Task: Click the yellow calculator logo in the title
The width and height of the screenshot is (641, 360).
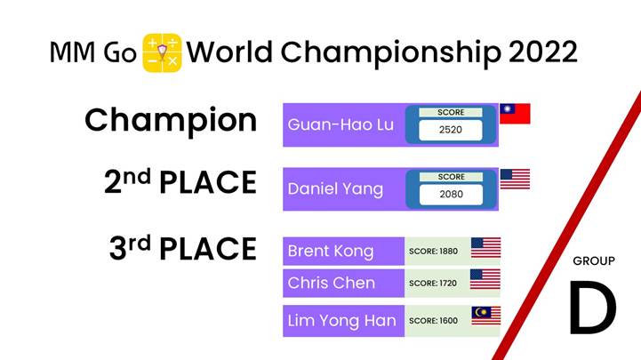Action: tap(163, 52)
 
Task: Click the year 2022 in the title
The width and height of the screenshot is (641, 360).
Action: tap(543, 52)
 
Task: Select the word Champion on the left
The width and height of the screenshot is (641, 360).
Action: tap(171, 121)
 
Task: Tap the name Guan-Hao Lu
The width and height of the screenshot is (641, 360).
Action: tap(341, 124)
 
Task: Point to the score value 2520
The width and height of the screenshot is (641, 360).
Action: tap(451, 130)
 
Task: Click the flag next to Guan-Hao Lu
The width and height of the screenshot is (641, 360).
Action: tap(515, 114)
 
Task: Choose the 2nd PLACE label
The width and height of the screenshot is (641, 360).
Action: tap(180, 182)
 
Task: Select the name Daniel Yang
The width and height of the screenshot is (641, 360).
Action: tap(335, 189)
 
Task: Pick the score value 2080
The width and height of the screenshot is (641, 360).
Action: tap(452, 194)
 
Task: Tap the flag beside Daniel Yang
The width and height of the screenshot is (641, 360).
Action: tap(515, 179)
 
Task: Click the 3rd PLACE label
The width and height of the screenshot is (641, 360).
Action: tap(183, 248)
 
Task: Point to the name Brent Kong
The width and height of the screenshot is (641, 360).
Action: tap(331, 252)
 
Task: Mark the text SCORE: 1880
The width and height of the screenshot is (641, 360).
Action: tap(433, 252)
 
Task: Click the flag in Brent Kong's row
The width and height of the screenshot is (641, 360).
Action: tap(485, 248)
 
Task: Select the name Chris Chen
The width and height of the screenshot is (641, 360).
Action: tap(331, 283)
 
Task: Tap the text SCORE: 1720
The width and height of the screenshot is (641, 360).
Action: tap(433, 284)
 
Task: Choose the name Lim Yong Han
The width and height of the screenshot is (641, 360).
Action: tap(341, 321)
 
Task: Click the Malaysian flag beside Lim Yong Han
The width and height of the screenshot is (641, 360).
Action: tap(486, 316)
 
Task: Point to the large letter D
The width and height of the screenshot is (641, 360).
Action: tap(593, 307)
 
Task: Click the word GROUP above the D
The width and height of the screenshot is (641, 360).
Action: tap(594, 260)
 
